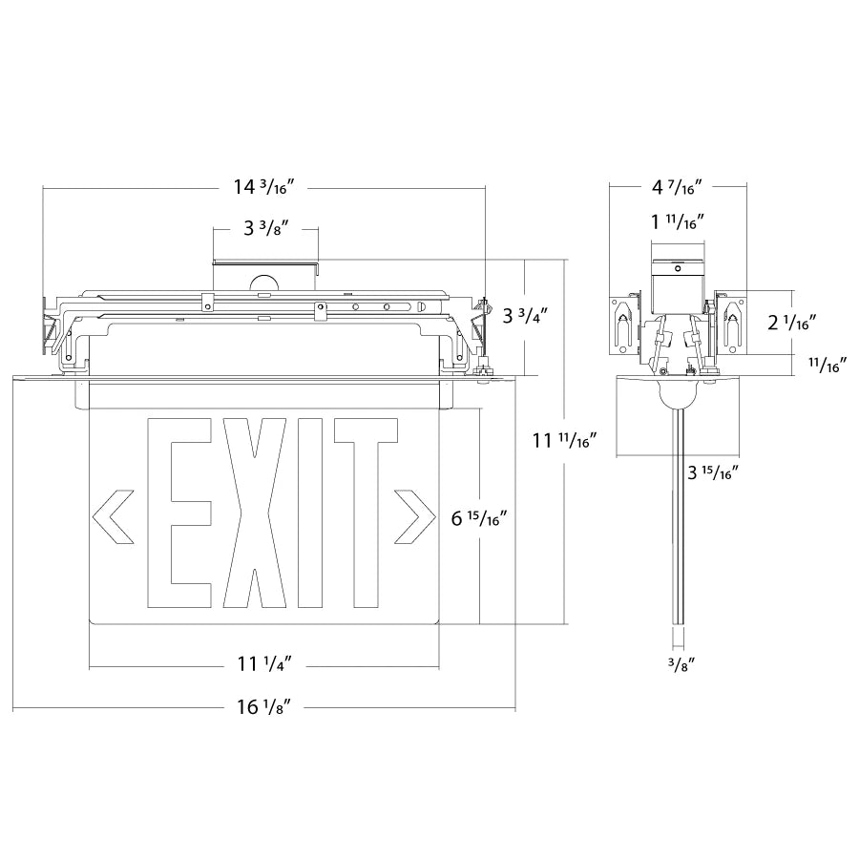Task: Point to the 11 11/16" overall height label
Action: pos(564,441)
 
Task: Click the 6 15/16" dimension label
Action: pos(477,518)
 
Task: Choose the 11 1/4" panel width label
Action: pos(263,663)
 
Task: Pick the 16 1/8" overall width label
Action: pos(263,707)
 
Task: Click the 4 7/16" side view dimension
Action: pos(677,188)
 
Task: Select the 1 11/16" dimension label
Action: pos(677,223)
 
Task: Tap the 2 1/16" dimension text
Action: pos(792,323)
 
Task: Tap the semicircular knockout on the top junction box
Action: pos(262,283)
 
